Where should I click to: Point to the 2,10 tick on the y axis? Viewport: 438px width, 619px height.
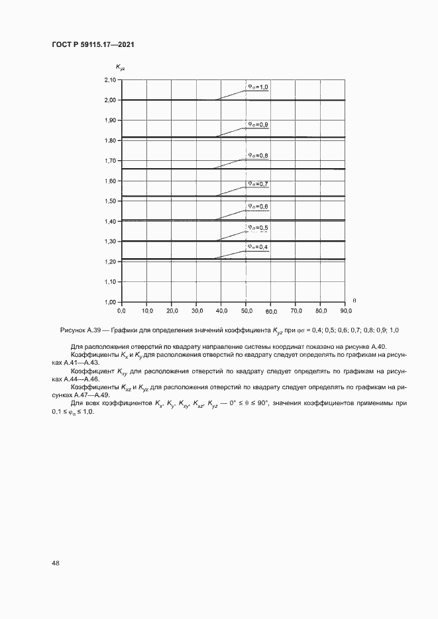109,80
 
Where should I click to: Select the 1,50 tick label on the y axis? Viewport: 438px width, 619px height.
109,201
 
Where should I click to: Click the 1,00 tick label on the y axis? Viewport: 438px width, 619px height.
109,302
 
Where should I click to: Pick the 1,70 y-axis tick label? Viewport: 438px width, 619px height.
109,161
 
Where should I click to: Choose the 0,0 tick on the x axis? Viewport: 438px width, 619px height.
121,310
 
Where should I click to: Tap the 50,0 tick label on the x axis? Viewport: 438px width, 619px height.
246,310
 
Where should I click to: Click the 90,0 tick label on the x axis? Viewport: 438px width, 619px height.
345,310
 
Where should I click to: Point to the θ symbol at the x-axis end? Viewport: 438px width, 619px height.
354,301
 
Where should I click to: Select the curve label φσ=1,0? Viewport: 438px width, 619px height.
258,86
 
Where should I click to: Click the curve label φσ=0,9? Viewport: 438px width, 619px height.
258,124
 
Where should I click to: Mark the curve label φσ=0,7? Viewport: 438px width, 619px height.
258,183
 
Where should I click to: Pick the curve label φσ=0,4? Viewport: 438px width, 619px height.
258,246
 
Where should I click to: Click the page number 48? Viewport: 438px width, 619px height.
55,563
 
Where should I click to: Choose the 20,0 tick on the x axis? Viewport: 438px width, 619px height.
171,310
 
